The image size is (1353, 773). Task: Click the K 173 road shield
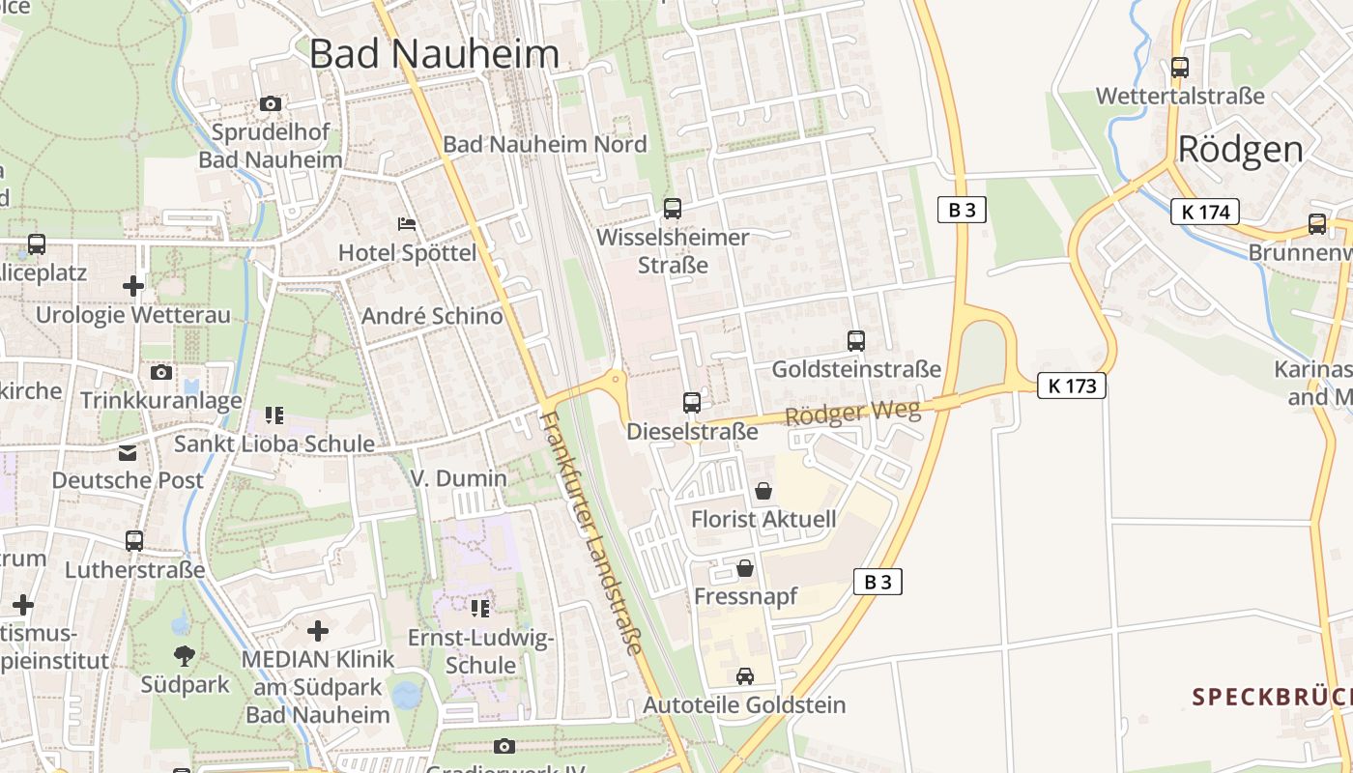[1072, 386]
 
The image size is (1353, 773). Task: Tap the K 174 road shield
[1204, 212]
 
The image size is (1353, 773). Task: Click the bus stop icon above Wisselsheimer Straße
[673, 208]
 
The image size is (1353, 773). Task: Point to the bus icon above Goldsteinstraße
[856, 340]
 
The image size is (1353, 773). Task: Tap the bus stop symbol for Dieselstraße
[692, 402]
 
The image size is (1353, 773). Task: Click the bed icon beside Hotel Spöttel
[407, 224]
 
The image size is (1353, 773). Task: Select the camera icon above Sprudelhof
[271, 103]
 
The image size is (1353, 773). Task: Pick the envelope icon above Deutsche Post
[128, 453]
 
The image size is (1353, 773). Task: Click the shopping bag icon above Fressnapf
[745, 568]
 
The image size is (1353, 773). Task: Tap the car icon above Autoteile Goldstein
[744, 676]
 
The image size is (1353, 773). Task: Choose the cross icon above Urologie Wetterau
[133, 286]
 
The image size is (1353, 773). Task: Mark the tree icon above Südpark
[185, 656]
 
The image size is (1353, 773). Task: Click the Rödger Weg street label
[853, 413]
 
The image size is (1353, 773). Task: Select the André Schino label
[432, 316]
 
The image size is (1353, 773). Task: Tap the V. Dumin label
[458, 478]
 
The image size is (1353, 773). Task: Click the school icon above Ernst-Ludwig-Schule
[480, 608]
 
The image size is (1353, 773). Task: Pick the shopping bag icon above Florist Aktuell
[763, 491]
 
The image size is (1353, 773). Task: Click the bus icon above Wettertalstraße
[1179, 67]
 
